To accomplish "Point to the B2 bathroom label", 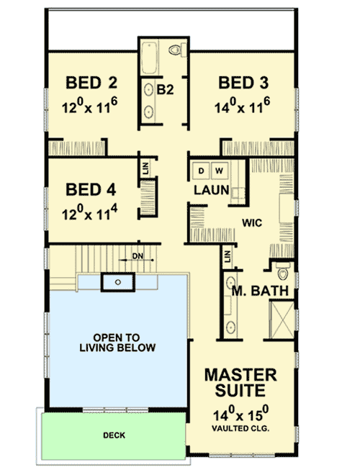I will [x=166, y=89].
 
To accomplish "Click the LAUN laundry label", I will [x=210, y=190].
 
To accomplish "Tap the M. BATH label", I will [x=260, y=291].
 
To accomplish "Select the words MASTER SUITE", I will [x=240, y=384].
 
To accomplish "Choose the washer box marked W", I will [x=219, y=171].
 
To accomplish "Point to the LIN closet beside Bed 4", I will [x=146, y=168].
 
